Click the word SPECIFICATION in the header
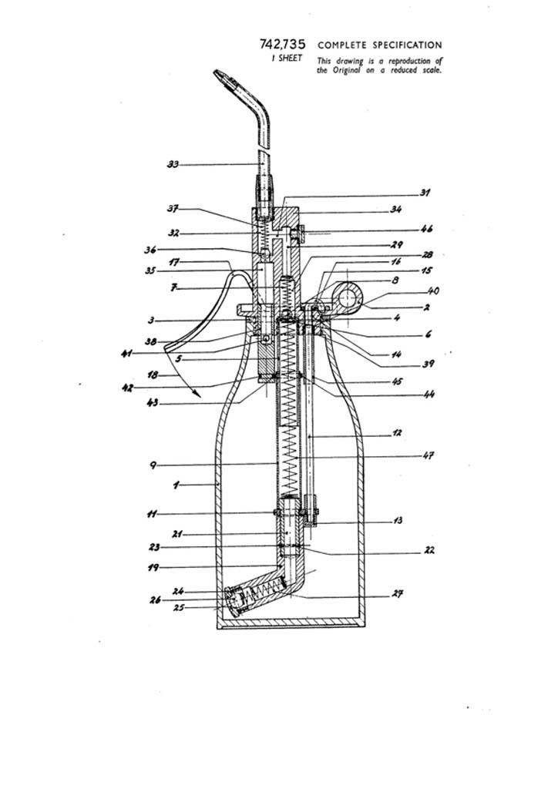[407, 45]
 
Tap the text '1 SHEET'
[287, 59]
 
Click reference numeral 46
[426, 230]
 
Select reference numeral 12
[397, 433]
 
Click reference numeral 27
[398, 593]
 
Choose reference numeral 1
[176, 485]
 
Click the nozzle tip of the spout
[222, 76]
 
